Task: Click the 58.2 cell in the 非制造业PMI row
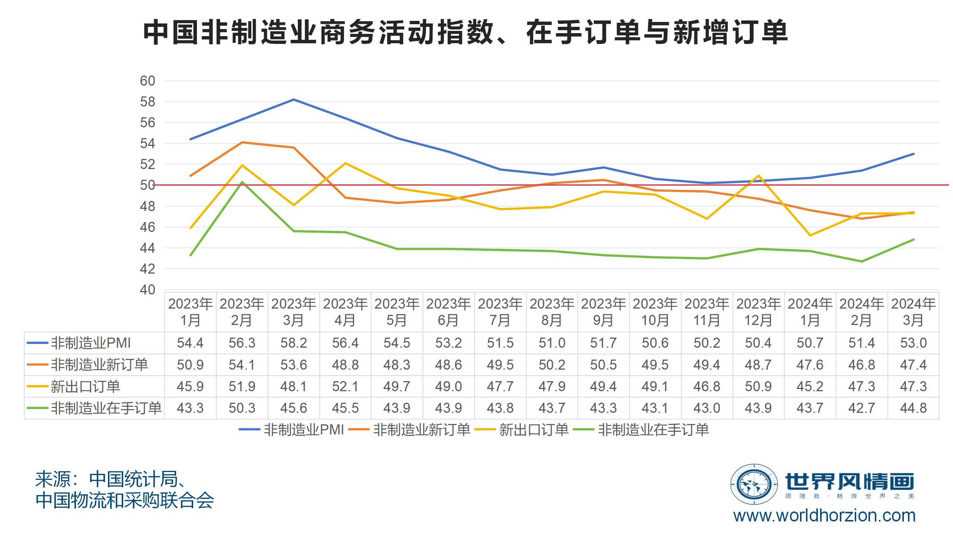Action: click(294, 343)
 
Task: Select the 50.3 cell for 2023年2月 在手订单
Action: click(242, 408)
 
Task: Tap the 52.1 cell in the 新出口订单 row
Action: click(345, 386)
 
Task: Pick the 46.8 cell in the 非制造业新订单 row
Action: click(862, 365)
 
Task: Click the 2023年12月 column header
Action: click(758, 312)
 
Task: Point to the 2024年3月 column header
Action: click(913, 312)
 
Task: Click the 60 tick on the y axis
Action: click(147, 81)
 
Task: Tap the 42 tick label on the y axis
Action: click(147, 269)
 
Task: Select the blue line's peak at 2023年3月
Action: click(294, 99)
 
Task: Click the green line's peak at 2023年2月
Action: click(242, 182)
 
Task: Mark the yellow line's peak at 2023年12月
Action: click(758, 176)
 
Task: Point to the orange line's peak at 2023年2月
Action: click(242, 142)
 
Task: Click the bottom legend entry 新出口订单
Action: click(533, 430)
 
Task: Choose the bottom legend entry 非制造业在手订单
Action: click(653, 430)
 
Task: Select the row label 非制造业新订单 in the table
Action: click(99, 365)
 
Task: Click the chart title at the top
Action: click(465, 33)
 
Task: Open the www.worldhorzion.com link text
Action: click(824, 516)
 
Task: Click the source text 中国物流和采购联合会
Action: click(125, 501)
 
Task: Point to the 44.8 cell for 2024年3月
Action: click(913, 408)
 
